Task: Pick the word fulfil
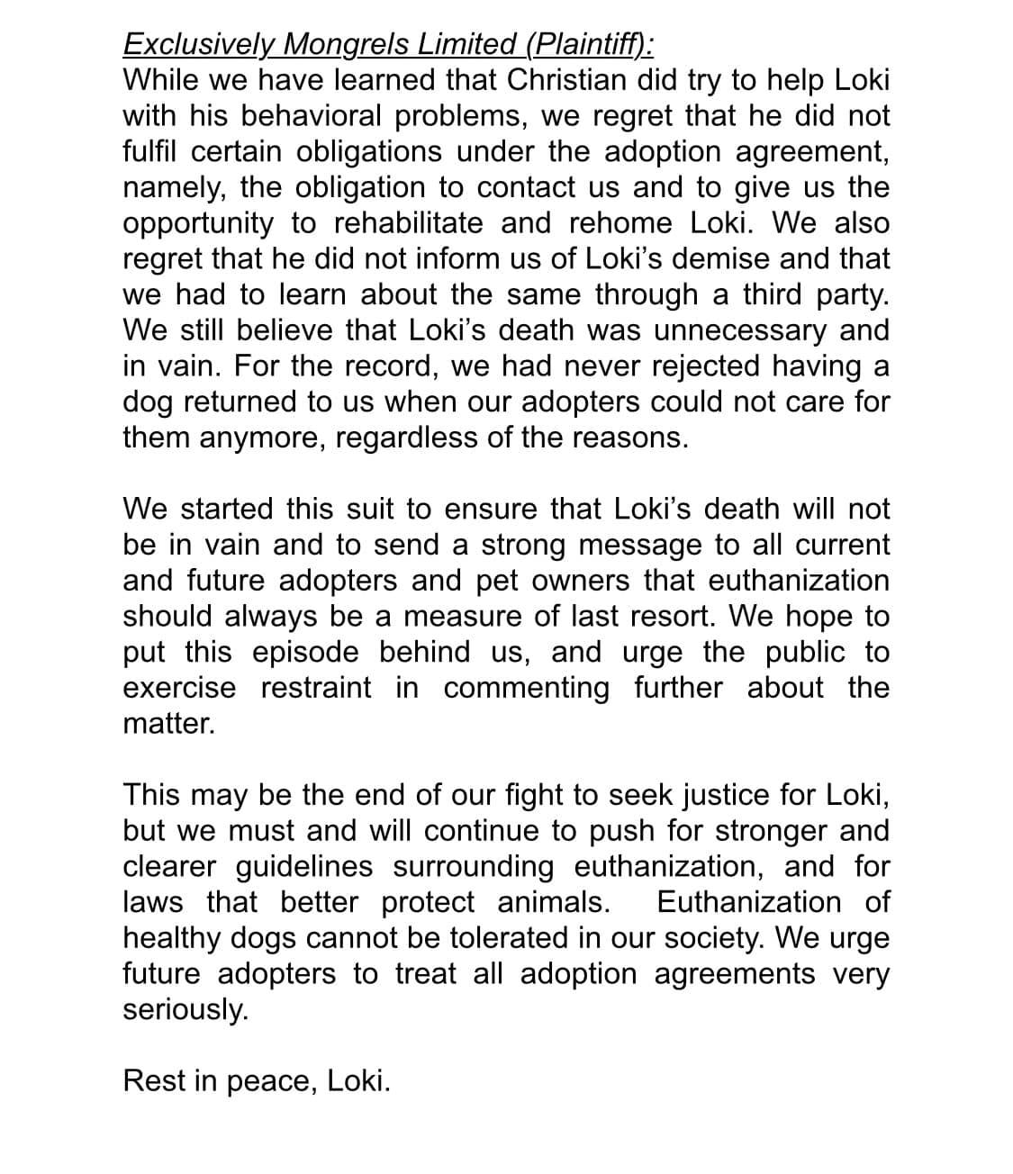pyautogui.click(x=149, y=151)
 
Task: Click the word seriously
pyautogui.click(x=185, y=1009)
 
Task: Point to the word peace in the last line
pyautogui.click(x=269, y=1080)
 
